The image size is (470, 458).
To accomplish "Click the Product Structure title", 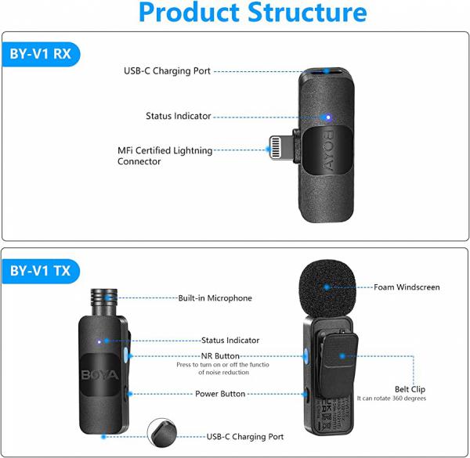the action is point(253,13).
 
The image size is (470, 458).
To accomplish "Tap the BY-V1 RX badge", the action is point(41,54).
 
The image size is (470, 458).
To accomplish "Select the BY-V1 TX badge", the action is point(41,271).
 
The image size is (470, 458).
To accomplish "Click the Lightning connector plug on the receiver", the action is point(281,148).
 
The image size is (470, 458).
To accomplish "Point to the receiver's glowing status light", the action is point(328,117).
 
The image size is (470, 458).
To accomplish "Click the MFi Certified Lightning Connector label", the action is point(164,156).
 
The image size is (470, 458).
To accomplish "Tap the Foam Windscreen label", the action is point(407,287).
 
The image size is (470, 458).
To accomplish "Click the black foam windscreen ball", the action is point(327,288).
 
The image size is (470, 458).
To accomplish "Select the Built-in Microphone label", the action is point(215,298).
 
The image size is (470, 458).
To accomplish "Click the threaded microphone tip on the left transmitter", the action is point(103,302).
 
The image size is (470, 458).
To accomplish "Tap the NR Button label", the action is point(220,356).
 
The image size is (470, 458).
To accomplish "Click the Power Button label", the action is point(220,394).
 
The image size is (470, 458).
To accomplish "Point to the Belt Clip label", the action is point(410,389).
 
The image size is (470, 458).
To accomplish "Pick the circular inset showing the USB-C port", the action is point(162,433).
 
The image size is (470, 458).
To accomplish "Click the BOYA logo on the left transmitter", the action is point(99,375).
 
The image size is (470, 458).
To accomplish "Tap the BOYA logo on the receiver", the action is point(328,150).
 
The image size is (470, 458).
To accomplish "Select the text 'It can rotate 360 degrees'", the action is point(391,398).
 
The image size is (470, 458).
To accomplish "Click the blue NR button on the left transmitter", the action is point(125,355).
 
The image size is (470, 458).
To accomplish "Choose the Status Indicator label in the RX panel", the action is point(179,116).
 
